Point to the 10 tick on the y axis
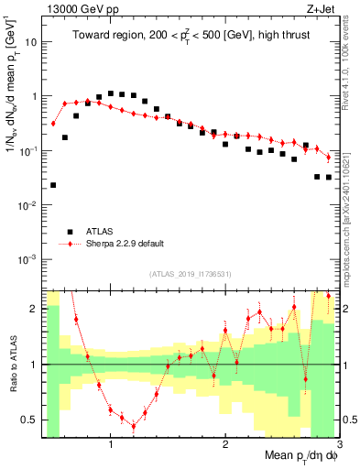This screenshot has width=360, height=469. pos(33,41)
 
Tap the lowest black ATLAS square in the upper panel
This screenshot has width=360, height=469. pos(53,185)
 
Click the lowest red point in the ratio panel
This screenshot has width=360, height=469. pos(134,426)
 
